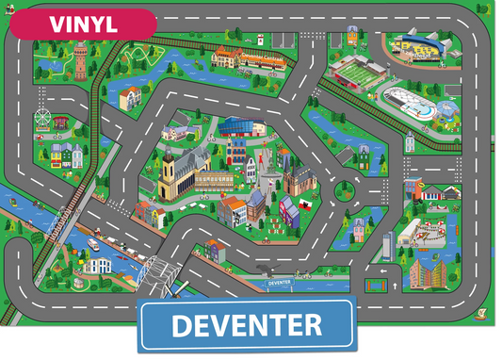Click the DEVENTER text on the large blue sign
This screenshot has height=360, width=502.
point(246,326)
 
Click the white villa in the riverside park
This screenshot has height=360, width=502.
point(95,265)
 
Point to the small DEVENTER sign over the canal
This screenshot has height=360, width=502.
point(279,282)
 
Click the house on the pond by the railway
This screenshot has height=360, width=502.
point(130,96)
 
